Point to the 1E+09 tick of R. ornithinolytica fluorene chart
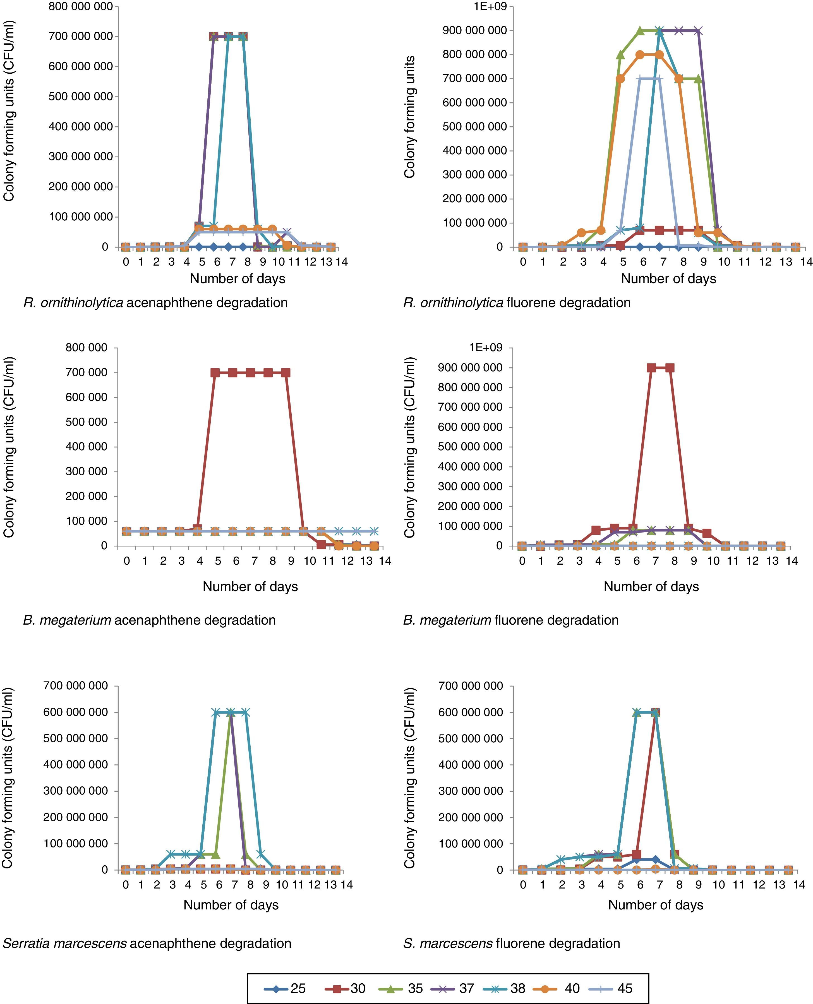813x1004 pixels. coord(490,6)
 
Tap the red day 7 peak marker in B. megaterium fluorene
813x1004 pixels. coord(651,368)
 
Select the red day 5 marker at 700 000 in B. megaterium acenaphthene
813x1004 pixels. coord(215,373)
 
